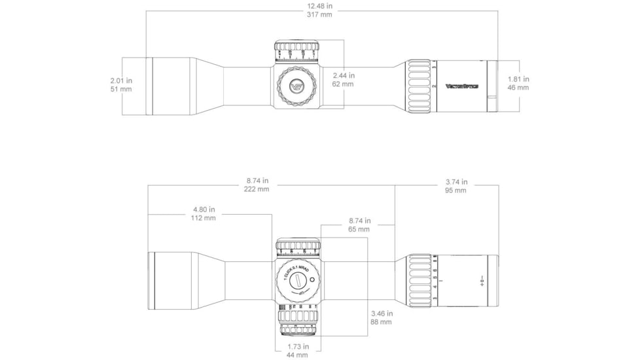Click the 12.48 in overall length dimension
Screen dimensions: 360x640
tap(320, 6)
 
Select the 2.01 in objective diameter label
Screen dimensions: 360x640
tap(121, 80)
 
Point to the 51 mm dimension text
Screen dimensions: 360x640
tap(121, 88)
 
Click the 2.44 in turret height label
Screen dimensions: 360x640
tap(343, 75)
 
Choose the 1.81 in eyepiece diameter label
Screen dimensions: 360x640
tap(518, 79)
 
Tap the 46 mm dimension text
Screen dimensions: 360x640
tap(518, 88)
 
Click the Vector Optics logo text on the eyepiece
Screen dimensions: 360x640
tap(462, 86)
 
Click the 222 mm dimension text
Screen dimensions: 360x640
tap(257, 189)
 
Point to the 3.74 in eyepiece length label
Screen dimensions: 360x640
tap(455, 182)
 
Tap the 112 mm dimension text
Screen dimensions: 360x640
tap(204, 218)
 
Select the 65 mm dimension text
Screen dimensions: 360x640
tap(359, 230)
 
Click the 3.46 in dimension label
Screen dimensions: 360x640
tap(381, 314)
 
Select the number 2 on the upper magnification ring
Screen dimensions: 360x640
tap(435, 86)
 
